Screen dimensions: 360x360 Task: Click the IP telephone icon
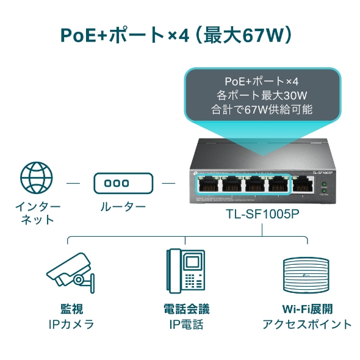[x=185, y=272]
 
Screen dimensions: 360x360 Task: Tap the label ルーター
[x=123, y=207]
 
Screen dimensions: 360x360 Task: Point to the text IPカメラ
[x=71, y=325]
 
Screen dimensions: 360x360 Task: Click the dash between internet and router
[x=73, y=182]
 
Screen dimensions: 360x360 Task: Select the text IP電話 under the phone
[x=185, y=325]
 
